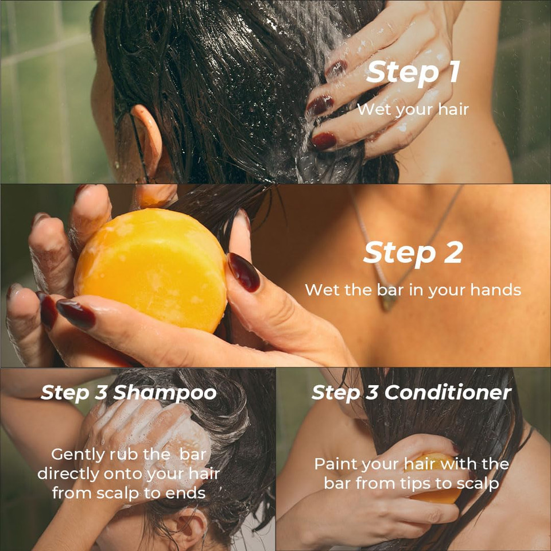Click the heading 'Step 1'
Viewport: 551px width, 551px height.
coord(413,73)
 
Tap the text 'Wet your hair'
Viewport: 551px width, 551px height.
coord(413,109)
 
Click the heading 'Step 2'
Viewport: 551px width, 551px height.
coord(413,253)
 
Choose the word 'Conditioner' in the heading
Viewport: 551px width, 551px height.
coord(448,393)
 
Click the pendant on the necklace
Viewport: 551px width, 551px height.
coord(390,300)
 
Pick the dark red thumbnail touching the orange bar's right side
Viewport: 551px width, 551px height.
coord(243,271)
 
